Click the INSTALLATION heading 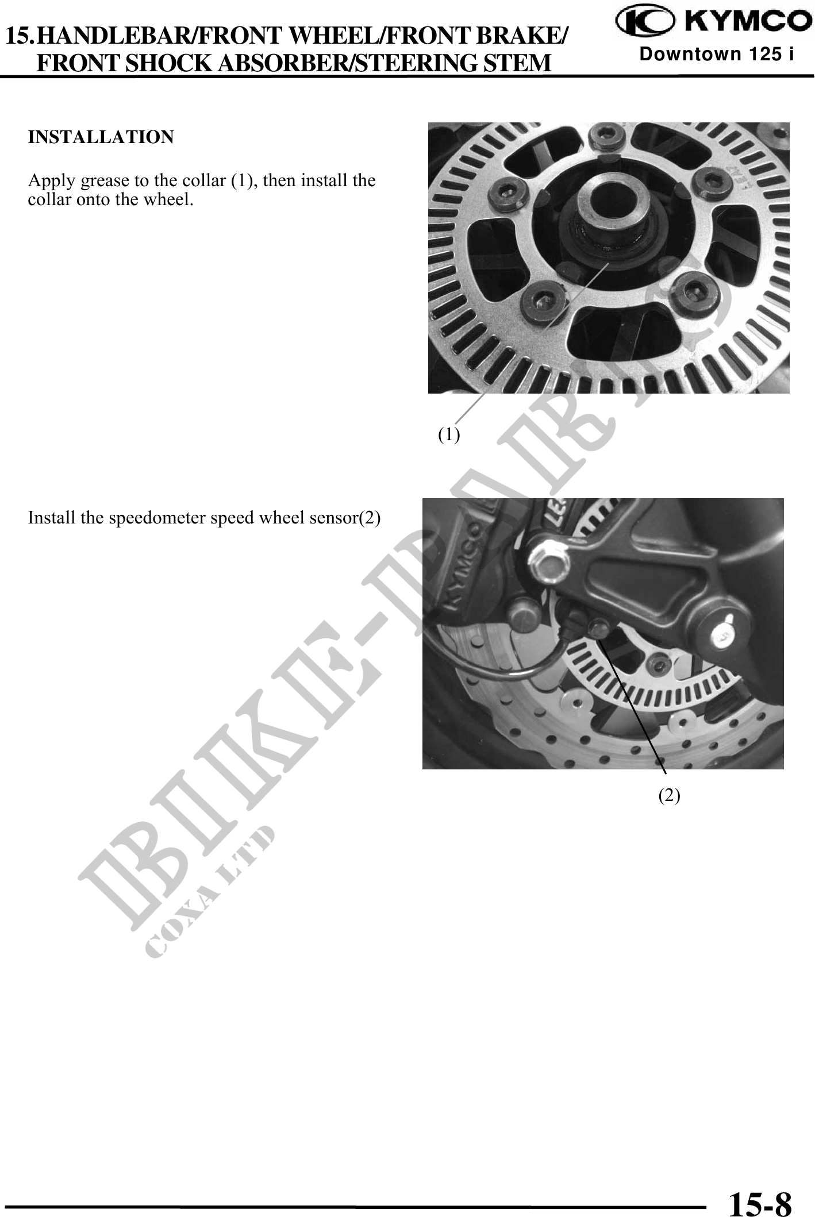[101, 137]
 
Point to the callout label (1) [449, 434]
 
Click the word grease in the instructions [106, 182]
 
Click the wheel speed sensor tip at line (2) [598, 629]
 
